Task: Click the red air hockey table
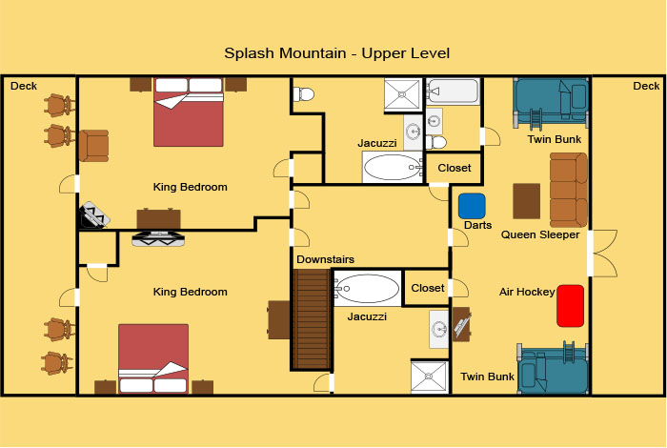pyautogui.click(x=570, y=306)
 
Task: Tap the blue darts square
pyautogui.click(x=472, y=206)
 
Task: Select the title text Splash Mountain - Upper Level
pyautogui.click(x=336, y=53)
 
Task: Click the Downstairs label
pyautogui.click(x=325, y=259)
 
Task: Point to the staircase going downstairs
pyautogui.click(x=312, y=319)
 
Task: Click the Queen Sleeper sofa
pyautogui.click(x=568, y=191)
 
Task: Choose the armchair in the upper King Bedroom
pyautogui.click(x=93, y=146)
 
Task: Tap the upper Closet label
pyautogui.click(x=455, y=168)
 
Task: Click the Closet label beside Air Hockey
pyautogui.click(x=428, y=288)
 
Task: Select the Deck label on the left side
pyautogui.click(x=24, y=86)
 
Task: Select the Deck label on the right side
pyautogui.click(x=646, y=86)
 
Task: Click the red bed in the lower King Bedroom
pyautogui.click(x=153, y=358)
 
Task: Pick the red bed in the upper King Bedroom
pyautogui.click(x=189, y=112)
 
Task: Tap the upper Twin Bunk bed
pyautogui.click(x=551, y=103)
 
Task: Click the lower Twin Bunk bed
pyautogui.click(x=553, y=368)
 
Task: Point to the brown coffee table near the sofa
pyautogui.click(x=527, y=201)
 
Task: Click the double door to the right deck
pyautogui.click(x=602, y=254)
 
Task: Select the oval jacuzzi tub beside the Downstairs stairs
pyautogui.click(x=367, y=289)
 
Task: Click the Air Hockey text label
pyautogui.click(x=527, y=292)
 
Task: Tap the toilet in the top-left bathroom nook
pyautogui.click(x=304, y=94)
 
